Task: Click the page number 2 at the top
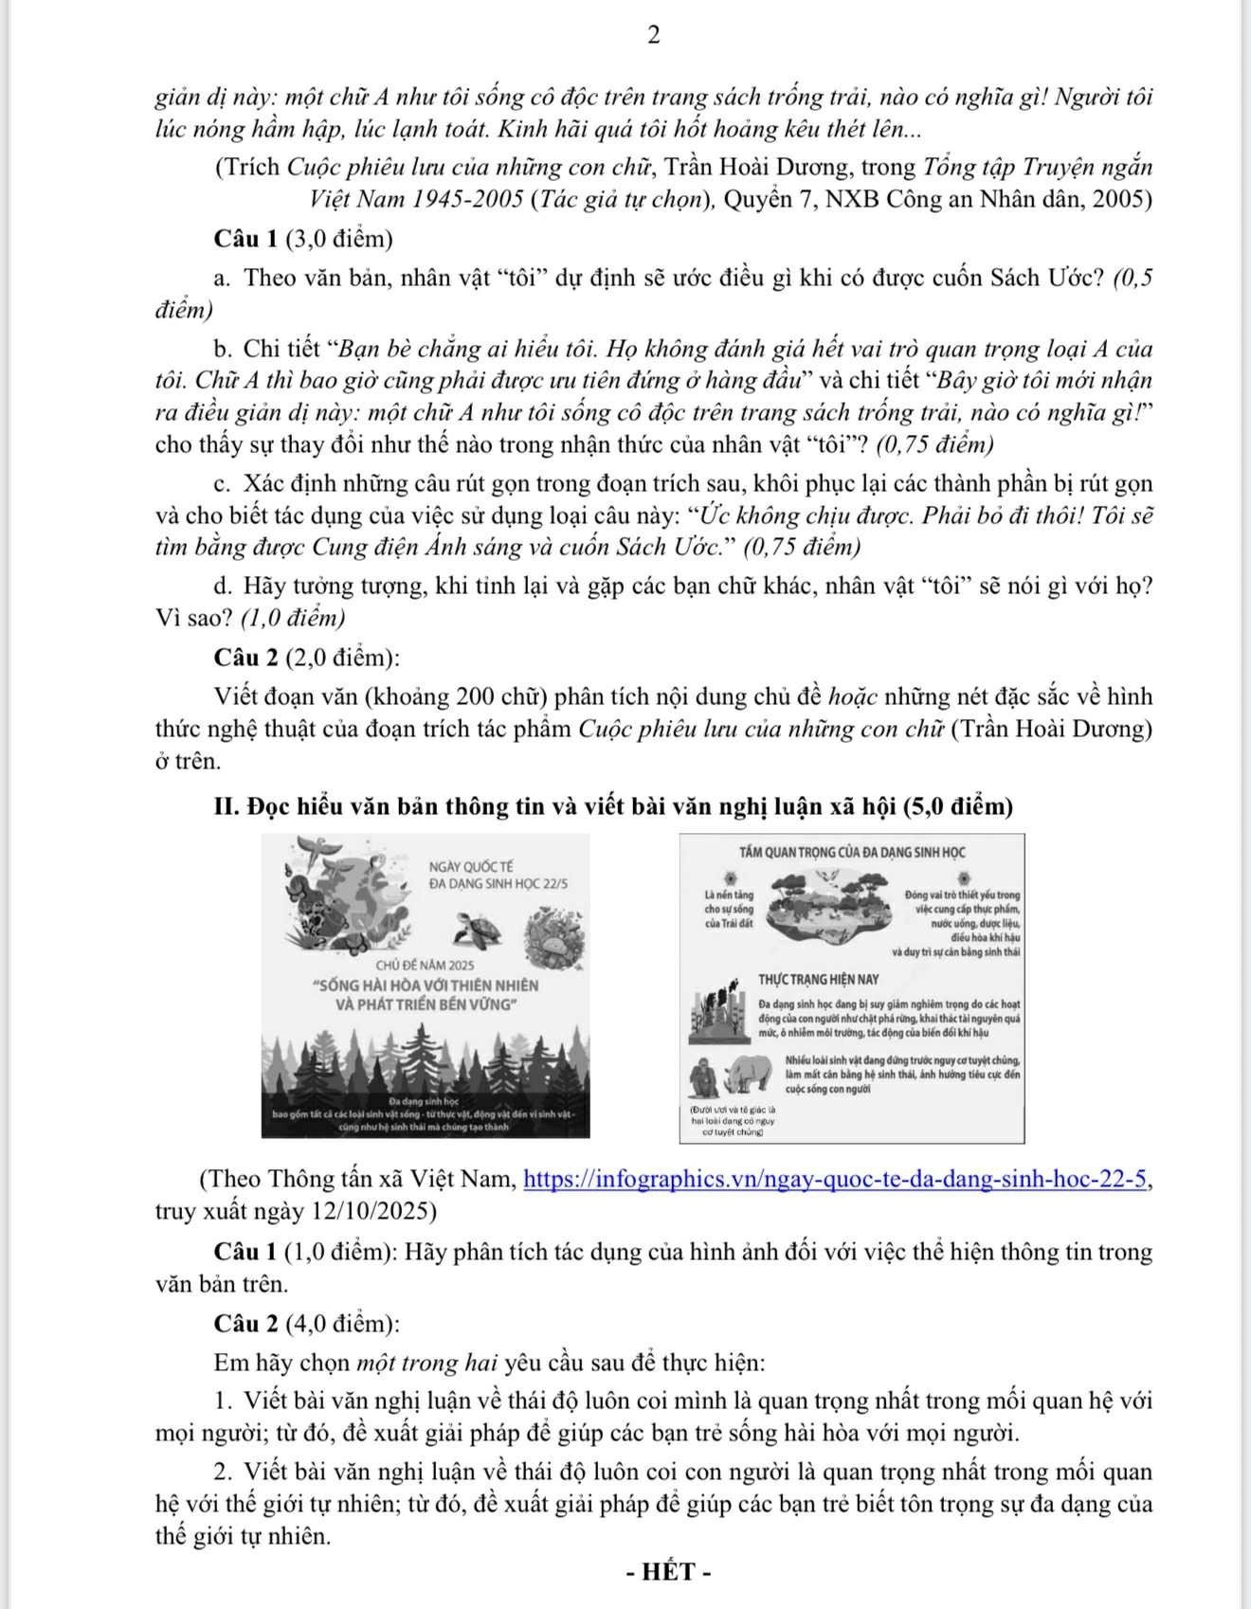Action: tap(653, 35)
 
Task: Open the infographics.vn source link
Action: tap(837, 1180)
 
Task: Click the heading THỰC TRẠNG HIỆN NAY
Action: tap(818, 979)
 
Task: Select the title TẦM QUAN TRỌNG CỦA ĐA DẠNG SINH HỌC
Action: tap(852, 852)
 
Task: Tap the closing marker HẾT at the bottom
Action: tap(669, 1572)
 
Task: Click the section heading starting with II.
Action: tap(613, 806)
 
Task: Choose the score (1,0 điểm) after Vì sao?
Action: tap(293, 618)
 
